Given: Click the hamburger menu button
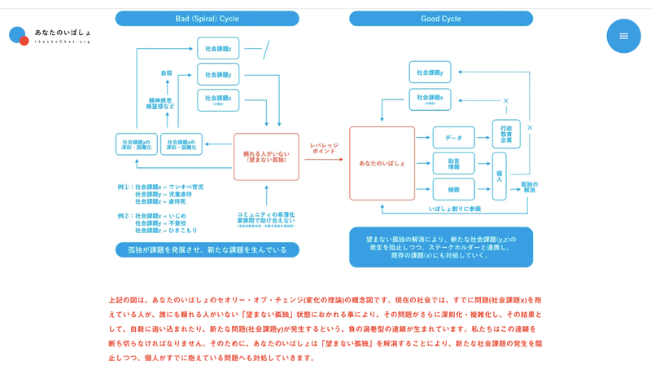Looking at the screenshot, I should coord(623,36).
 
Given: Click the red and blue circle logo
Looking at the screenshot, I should coord(18,36).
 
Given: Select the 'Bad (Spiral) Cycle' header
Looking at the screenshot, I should coord(203,18).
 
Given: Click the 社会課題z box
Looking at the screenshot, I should coord(219,48).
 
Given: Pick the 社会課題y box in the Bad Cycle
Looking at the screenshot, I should coord(219,74).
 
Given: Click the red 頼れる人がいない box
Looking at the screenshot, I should coord(266,156).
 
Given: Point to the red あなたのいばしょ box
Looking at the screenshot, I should coord(382,164).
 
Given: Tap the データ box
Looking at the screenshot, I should coord(452,136).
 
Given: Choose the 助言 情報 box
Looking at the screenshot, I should coord(452,163).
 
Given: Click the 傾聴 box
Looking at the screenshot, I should coord(452,189).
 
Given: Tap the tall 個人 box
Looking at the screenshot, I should coord(499,175).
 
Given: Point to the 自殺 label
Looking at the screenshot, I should coord(167,73).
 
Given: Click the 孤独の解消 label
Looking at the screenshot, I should coord(530,186).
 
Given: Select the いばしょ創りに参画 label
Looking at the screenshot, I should coord(456,209).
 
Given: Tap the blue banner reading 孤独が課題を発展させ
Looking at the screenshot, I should coord(203,250).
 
